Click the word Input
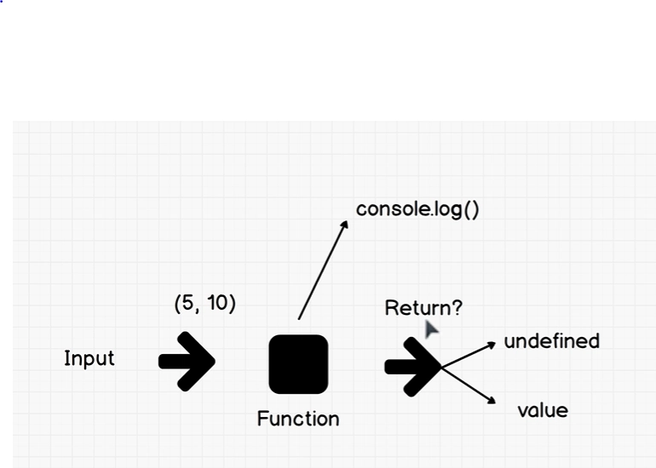89,358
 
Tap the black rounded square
298,364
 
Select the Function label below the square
298,419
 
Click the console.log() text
417,209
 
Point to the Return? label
423,308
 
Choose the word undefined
552,341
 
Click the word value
543,411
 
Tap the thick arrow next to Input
187,362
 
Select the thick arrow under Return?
413,367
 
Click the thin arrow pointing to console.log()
323,270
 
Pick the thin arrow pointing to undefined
469,355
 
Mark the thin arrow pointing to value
469,385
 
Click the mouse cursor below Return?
431,329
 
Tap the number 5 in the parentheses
188,303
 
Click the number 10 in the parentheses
216,303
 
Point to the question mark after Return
457,307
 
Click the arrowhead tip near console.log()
348,221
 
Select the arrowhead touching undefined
496,343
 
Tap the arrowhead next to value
496,403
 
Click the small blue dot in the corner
1,1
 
